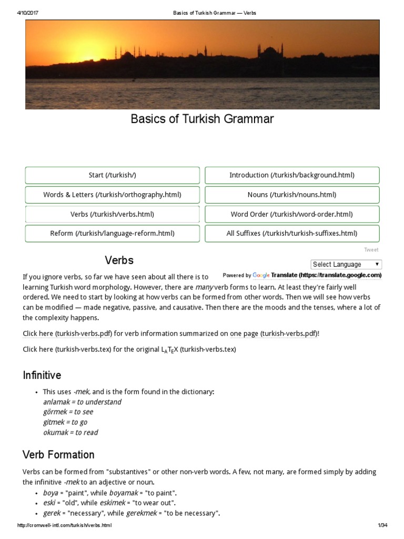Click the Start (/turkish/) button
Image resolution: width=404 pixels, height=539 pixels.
pos(112,175)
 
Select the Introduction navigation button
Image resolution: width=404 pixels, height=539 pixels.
pos(292,175)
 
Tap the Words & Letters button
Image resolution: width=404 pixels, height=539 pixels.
pos(112,195)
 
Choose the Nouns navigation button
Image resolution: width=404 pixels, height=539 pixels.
pos(292,195)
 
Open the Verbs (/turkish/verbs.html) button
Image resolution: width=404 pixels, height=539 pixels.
pos(112,214)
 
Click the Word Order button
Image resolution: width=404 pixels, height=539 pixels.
pos(292,214)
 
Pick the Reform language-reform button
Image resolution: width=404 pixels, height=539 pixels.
pos(112,233)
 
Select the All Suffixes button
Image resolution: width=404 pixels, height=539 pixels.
pos(292,233)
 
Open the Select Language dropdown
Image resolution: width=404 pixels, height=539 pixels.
pos(346,264)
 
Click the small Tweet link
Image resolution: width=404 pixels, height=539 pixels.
pos(371,250)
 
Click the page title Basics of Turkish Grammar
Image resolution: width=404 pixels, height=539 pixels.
pos(202,119)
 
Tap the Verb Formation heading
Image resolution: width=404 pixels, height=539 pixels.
pos(58,454)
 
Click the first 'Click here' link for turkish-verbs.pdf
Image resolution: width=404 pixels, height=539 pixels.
pos(38,334)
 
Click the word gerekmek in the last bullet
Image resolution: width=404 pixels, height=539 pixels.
pos(143,513)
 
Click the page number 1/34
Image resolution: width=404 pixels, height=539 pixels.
pos(382,526)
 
